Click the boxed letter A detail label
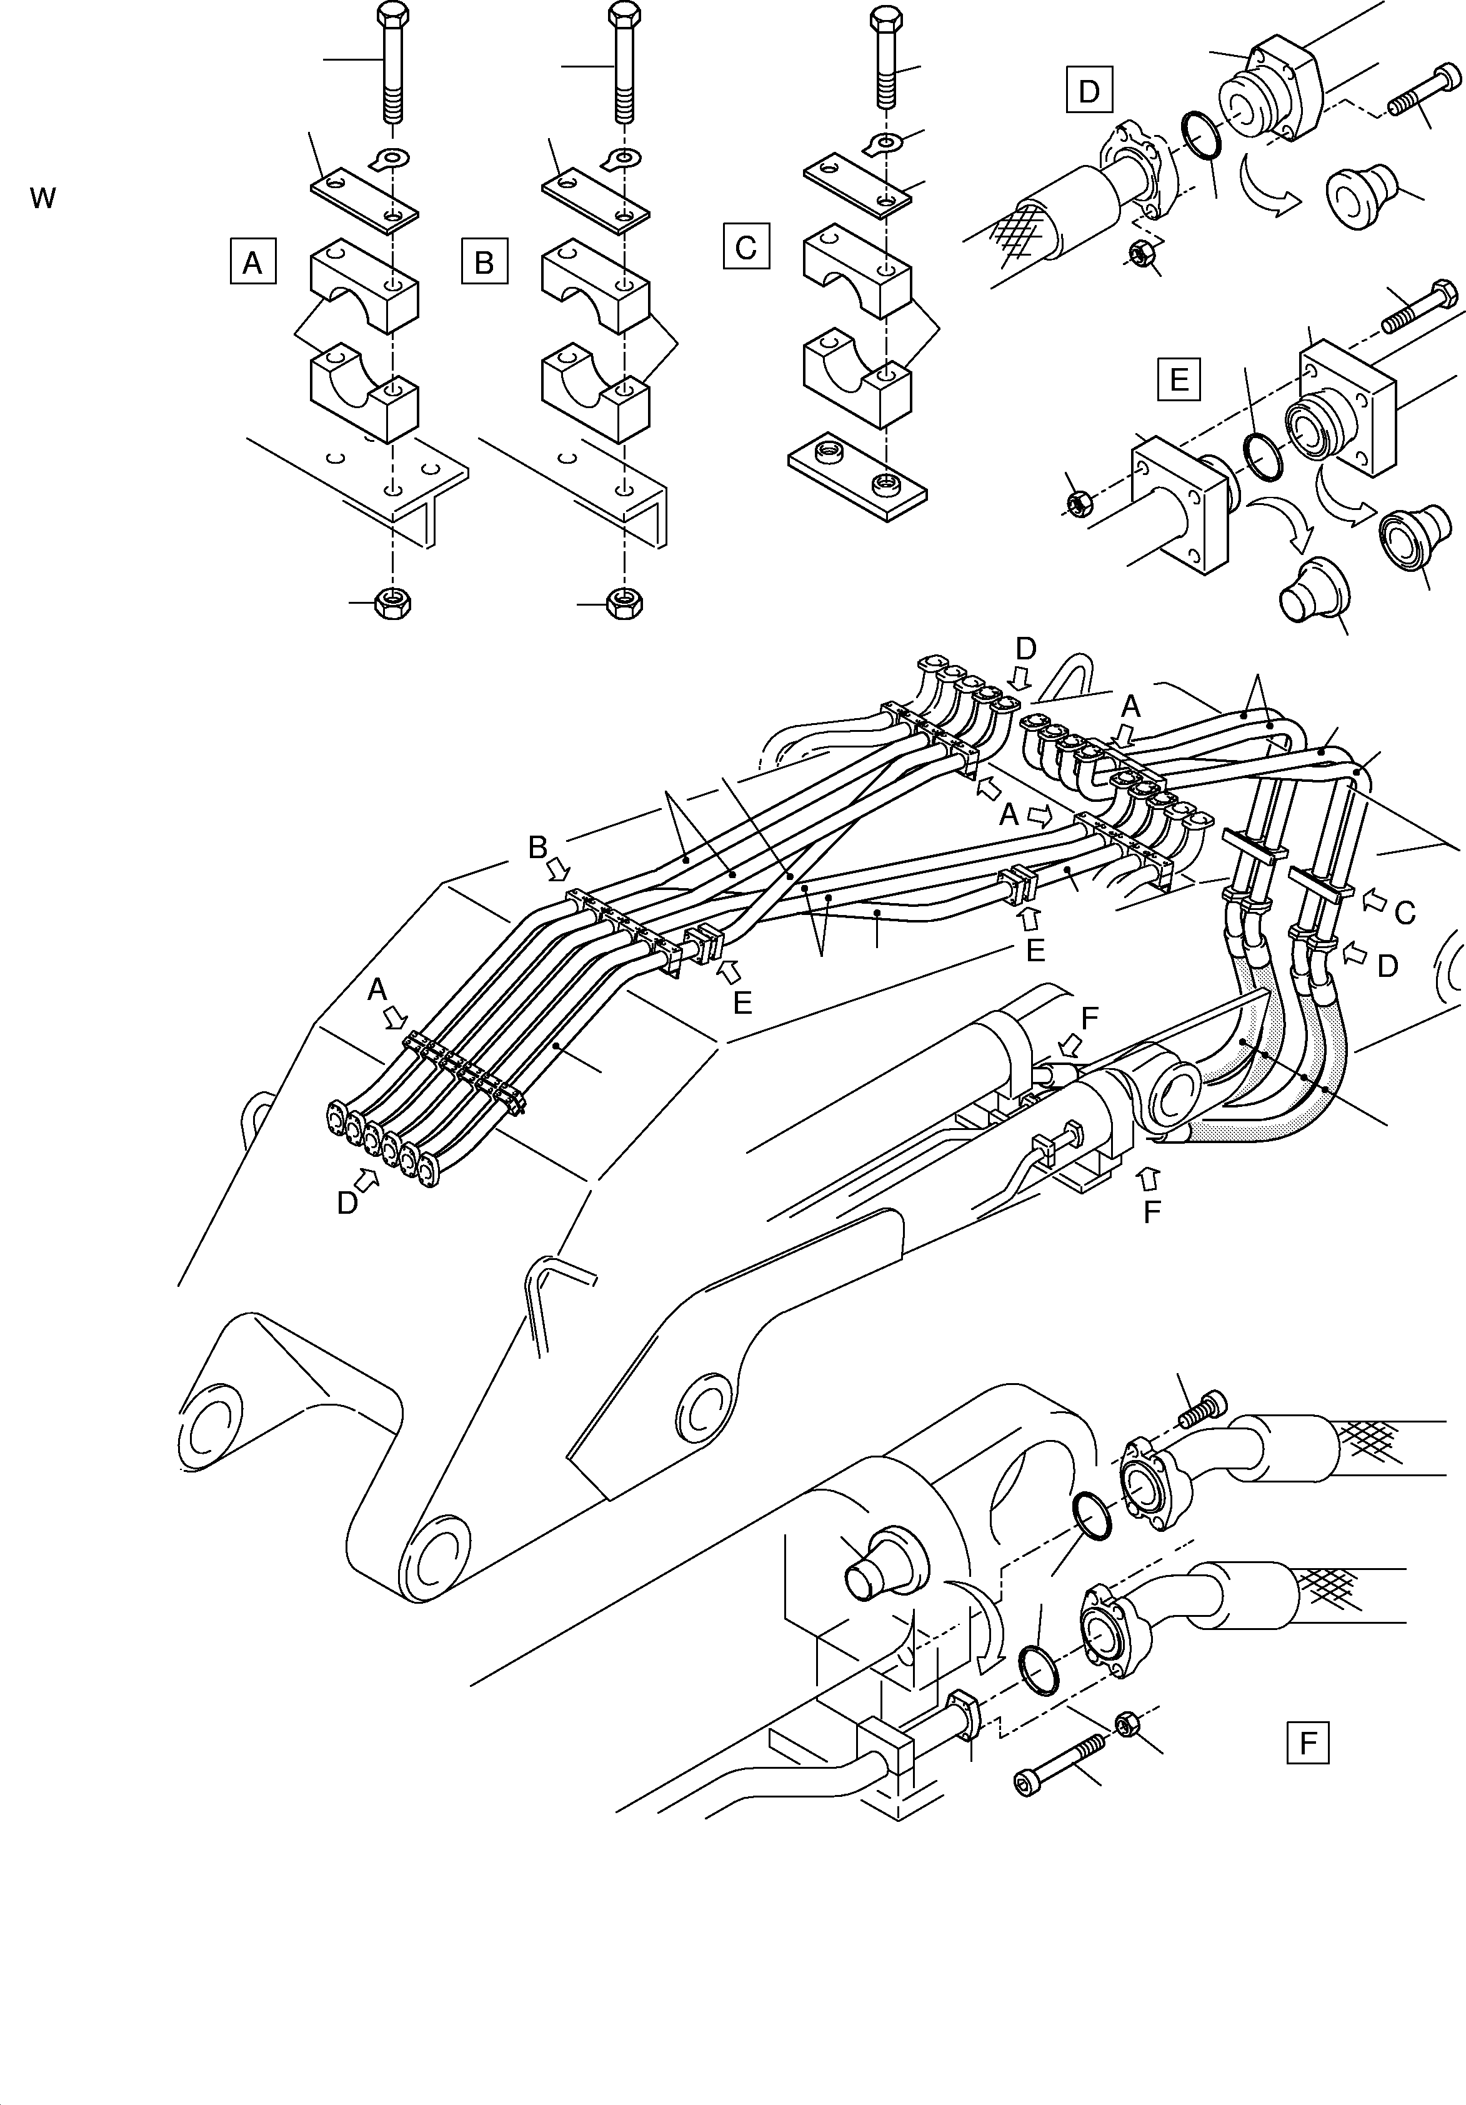coord(252,262)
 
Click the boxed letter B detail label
coord(484,262)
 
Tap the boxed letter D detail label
coord(1089,90)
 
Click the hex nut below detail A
coord(393,602)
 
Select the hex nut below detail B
coord(626,602)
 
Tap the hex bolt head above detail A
coord(392,16)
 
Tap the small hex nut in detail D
coord(1142,251)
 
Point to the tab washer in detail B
coord(622,159)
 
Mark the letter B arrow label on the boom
coord(538,848)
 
